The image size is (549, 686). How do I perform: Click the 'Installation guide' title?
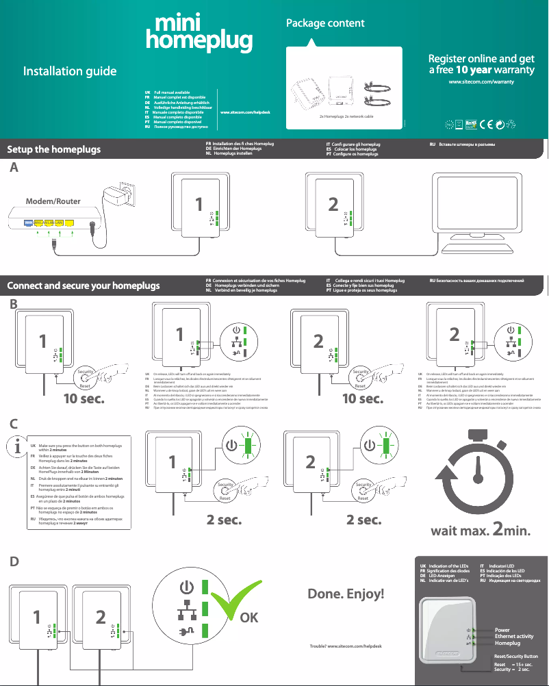tap(70, 71)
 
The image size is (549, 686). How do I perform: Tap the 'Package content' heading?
tap(324, 23)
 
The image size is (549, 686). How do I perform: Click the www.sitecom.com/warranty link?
tap(481, 81)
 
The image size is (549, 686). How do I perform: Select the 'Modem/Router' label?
tap(53, 202)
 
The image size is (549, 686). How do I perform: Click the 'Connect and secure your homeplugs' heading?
tap(83, 285)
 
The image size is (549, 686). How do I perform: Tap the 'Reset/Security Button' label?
tap(516, 656)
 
